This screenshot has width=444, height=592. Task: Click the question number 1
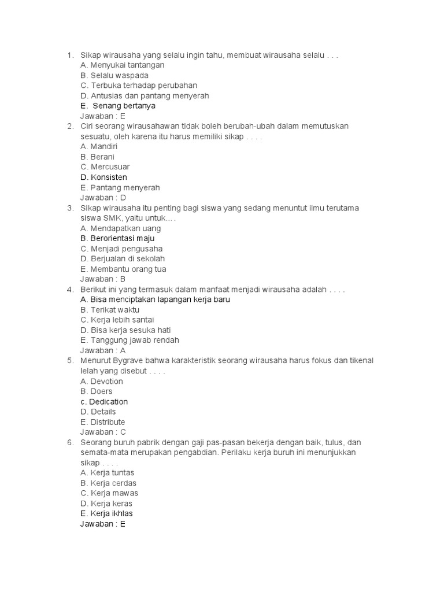70,55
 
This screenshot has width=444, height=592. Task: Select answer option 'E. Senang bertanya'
118,106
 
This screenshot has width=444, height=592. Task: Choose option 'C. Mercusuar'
105,167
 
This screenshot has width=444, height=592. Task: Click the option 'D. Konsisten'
104,177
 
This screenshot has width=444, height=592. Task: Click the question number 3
70,208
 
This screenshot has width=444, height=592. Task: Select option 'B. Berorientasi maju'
117,238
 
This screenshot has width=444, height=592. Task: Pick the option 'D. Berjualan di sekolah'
123,258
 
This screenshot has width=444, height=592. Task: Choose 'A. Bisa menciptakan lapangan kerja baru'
156,299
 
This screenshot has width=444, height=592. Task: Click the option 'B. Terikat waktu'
110,310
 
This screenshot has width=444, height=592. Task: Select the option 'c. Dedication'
104,401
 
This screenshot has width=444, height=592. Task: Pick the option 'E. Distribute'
103,422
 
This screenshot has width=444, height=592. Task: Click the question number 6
70,442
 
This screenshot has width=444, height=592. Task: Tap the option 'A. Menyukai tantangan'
123,65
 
